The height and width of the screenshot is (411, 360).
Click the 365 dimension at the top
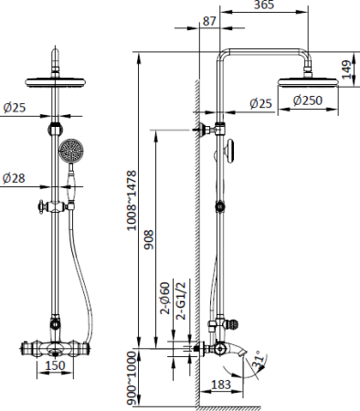tap(264, 5)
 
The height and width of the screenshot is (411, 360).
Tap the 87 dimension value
tap(209, 21)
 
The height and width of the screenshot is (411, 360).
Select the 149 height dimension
tap(347, 69)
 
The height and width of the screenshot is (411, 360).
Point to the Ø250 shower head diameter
tap(308, 100)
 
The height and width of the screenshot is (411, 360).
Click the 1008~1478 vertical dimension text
tap(132, 201)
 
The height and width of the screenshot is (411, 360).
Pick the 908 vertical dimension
tap(149, 240)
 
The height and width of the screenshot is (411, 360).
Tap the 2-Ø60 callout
tap(165, 298)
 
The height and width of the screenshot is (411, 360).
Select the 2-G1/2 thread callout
tap(181, 300)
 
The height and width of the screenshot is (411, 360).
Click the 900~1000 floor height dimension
tap(132, 378)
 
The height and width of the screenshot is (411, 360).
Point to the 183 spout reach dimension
tap(220, 385)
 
